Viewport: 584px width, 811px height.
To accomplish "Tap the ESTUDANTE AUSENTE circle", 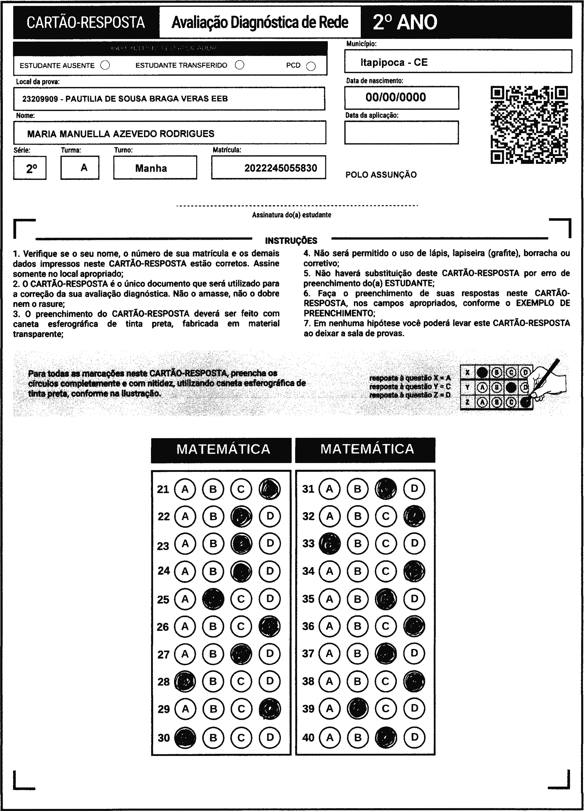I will (x=105, y=65).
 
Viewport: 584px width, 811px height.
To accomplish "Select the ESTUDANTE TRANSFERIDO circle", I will (x=239, y=65).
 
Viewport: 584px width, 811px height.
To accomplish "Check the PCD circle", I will (x=311, y=66).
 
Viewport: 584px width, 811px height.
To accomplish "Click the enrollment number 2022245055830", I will (x=281, y=168).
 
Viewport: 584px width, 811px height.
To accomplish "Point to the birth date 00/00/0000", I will (x=396, y=97).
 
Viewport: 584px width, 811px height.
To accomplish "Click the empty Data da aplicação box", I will (x=401, y=132).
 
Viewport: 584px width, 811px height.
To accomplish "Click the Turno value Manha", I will (x=151, y=168).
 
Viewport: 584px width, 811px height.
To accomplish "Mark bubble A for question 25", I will (x=185, y=599).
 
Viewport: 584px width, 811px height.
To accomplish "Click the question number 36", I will (x=308, y=626).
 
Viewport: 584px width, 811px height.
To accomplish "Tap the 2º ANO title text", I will (x=405, y=22).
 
